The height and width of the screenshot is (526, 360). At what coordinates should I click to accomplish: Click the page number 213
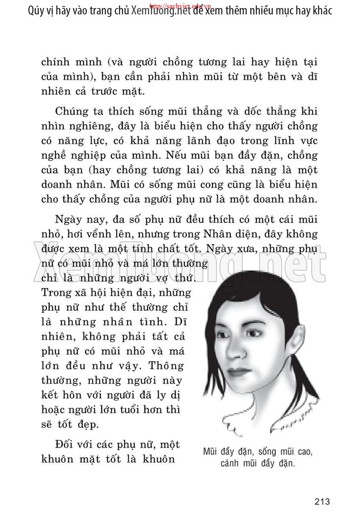click(322, 502)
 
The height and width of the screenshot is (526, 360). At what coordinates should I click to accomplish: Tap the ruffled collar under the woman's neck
click(271, 417)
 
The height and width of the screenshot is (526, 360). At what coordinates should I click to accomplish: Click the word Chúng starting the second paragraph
click(74, 112)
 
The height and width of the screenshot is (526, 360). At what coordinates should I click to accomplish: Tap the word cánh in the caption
click(231, 463)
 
